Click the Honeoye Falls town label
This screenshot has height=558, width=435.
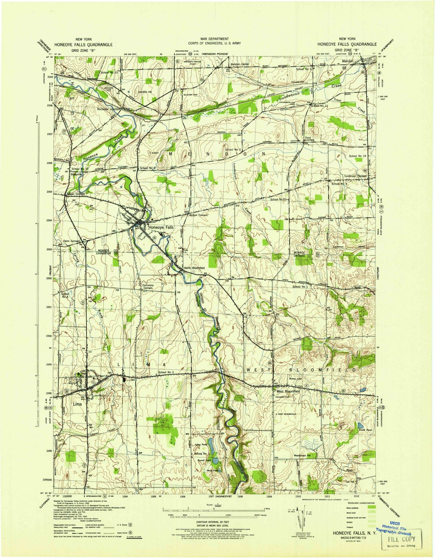pos(161,227)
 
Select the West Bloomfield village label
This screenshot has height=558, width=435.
pos(288,391)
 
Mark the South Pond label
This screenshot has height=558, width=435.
pos(365,430)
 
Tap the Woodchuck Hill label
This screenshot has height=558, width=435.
pos(304,455)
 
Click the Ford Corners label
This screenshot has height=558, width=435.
pos(310,139)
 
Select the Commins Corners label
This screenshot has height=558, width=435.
pos(148,287)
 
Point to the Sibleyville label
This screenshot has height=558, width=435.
pos(76,174)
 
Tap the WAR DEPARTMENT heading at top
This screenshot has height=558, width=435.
pos(214,39)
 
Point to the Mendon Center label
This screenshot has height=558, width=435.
pos(239,65)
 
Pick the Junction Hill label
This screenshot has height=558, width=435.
pos(145,92)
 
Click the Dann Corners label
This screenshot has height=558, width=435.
pos(71,241)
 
